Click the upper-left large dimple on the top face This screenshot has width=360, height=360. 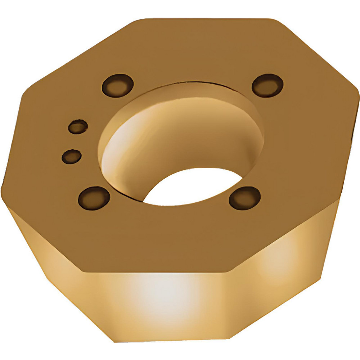(x=117, y=85)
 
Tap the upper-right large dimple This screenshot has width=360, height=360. (x=267, y=85)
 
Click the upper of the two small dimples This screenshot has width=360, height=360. (x=78, y=127)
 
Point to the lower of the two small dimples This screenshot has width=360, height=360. (x=71, y=156)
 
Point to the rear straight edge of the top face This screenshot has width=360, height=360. (x=202, y=18)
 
